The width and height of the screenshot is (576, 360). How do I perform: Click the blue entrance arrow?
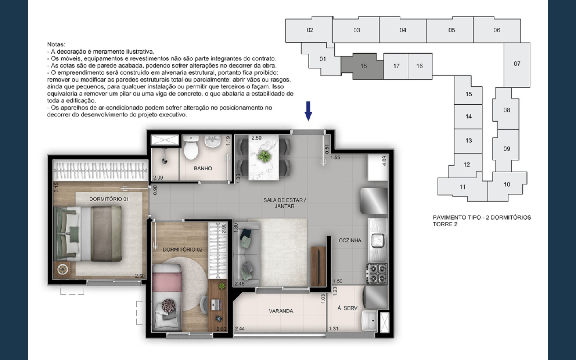tap(308, 111)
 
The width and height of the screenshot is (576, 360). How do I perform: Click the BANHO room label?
tap(203, 168)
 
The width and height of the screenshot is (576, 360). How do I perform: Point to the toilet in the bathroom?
tap(191, 148)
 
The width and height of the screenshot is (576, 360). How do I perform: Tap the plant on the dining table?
tap(264, 156)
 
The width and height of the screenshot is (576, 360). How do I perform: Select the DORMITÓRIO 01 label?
tap(109, 199)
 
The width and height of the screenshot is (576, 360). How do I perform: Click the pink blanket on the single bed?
tap(167, 282)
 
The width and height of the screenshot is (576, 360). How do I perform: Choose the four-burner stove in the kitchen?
tap(377, 273)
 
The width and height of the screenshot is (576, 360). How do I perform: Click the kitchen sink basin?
tap(378, 241)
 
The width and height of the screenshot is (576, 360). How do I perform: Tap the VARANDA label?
tap(281, 311)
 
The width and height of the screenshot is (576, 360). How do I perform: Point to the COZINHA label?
tap(350, 240)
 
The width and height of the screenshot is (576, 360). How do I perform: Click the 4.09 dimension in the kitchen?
tap(384, 161)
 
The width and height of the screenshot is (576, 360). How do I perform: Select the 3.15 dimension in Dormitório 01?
tap(56, 187)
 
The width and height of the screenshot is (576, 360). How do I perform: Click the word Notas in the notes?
tap(56, 44)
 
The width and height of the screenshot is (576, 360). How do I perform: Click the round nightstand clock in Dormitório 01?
tap(62, 270)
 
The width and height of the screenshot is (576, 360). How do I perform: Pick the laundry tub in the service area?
tap(369, 321)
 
